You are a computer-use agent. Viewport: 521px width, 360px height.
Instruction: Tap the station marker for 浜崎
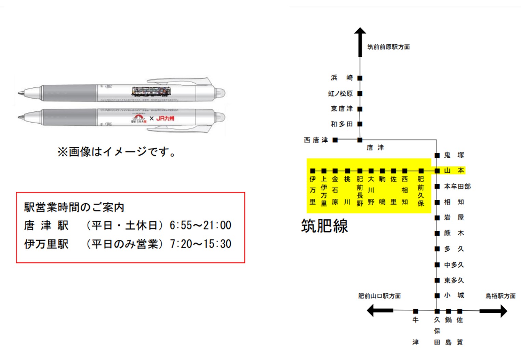(x=360, y=78)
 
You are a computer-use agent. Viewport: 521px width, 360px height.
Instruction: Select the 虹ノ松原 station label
(x=340, y=93)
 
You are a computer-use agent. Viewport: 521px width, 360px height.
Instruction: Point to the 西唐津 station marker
(x=335, y=140)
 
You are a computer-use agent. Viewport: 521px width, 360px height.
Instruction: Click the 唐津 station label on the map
(x=375, y=148)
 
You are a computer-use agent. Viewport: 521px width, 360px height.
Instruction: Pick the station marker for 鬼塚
(x=437, y=155)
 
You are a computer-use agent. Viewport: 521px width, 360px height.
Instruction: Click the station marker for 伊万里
(x=312, y=171)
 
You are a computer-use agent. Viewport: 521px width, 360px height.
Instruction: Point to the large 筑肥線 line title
(x=324, y=226)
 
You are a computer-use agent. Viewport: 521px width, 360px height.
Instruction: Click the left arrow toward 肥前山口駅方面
(x=379, y=310)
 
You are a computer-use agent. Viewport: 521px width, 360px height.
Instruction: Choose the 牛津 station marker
(x=415, y=311)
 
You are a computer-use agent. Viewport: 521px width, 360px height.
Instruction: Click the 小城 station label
(x=454, y=295)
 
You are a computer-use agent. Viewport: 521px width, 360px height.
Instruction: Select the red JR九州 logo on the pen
(x=165, y=118)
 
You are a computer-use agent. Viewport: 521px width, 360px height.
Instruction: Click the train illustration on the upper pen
(x=151, y=91)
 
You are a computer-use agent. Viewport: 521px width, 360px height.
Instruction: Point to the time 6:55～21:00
(x=200, y=225)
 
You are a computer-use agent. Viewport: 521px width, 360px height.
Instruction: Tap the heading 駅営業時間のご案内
(x=74, y=207)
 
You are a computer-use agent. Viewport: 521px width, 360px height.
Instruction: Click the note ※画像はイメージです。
(x=117, y=152)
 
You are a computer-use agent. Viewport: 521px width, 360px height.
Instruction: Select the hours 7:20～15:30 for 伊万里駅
(x=200, y=244)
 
